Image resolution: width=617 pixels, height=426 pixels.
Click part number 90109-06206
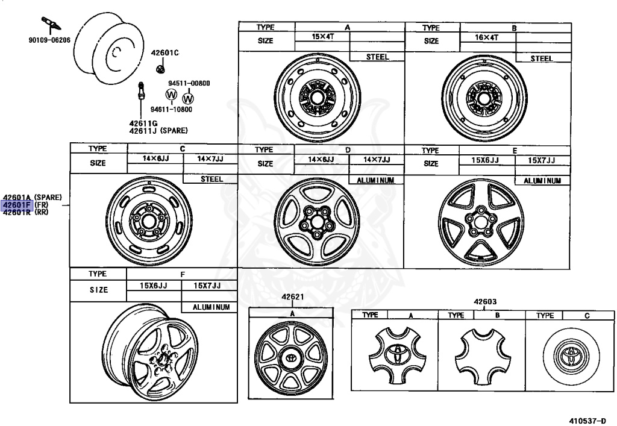coord(49,40)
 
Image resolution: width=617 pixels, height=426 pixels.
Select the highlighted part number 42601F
coord(16,205)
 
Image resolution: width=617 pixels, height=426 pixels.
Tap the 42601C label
coord(165,52)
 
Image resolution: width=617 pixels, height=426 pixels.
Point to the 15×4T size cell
coord(323,37)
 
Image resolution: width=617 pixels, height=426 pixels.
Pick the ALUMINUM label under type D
coord(375,180)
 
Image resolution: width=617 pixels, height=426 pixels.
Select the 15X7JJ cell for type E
coord(542,160)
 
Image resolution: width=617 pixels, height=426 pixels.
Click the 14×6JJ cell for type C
coord(155,158)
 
